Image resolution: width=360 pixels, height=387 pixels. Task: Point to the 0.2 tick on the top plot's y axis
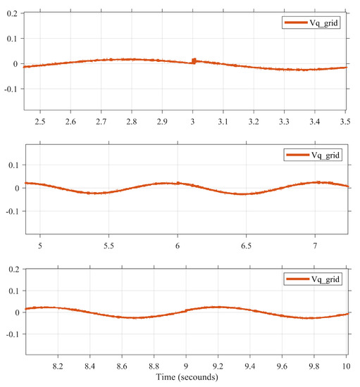[x=11, y=14]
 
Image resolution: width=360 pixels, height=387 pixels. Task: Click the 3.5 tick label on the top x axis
[x=345, y=122]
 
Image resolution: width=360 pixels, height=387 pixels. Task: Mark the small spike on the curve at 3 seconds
[x=194, y=61]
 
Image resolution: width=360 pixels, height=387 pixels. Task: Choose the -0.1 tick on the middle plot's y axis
[x=11, y=211]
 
